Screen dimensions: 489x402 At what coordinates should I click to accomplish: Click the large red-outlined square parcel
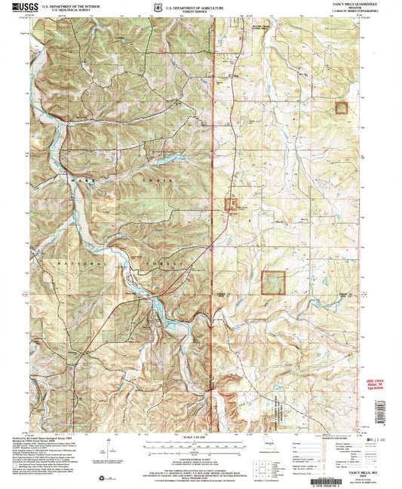(273, 283)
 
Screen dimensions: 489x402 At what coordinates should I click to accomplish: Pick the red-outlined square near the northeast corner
(342, 108)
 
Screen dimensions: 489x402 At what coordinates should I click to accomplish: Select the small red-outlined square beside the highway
(230, 203)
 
